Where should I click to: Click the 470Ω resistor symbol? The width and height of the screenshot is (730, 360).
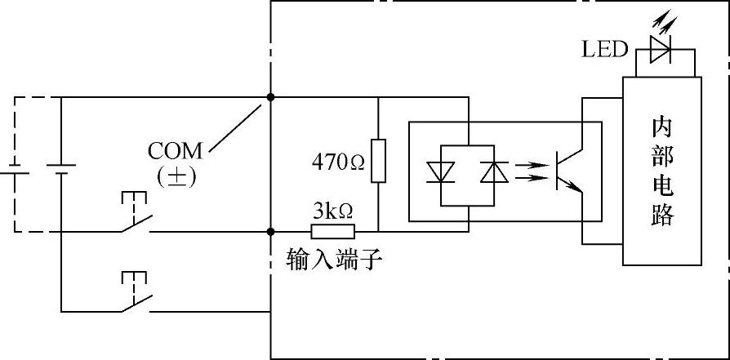pos(378,161)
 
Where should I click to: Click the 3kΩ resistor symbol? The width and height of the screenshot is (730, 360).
pos(333,231)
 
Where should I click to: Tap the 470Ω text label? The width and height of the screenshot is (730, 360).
pos(338,162)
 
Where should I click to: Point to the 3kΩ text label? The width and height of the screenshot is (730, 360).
pos(332,211)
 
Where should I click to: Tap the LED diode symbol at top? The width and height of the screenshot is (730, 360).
pos(659,50)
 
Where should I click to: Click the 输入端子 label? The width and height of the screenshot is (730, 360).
pos(334,260)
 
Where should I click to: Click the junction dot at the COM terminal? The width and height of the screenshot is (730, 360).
pos(270,97)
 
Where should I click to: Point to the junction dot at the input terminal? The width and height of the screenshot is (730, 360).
pos(270,231)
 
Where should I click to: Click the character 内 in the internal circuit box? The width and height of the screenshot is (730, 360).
pos(661,128)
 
